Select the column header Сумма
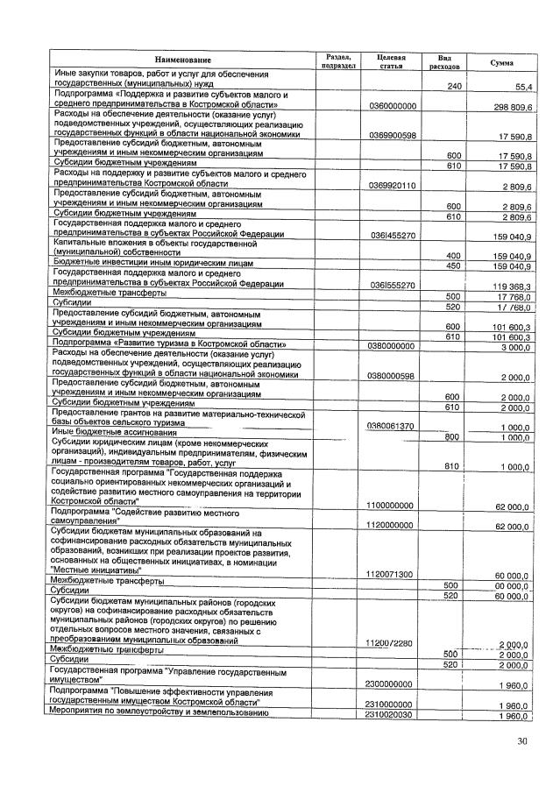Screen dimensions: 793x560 (501, 62)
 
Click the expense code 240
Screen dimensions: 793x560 (454, 87)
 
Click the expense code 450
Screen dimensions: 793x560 (454, 265)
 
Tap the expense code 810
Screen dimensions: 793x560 (454, 466)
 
